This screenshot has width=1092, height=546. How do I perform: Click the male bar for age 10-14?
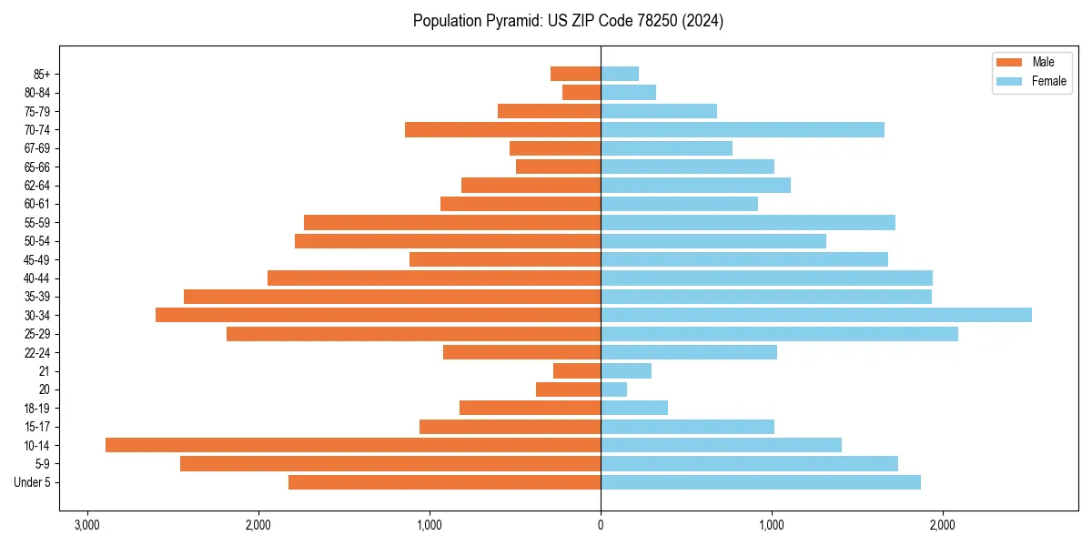[353, 445]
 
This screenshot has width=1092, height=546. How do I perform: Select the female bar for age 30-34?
[816, 315]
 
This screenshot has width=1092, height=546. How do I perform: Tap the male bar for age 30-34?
[378, 315]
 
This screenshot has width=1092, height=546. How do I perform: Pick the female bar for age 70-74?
[743, 129]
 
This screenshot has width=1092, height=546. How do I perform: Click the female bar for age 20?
[614, 389]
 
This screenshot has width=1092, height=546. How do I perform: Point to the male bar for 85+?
[575, 74]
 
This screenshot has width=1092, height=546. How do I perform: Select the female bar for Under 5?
[761, 482]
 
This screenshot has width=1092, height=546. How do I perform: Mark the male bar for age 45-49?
[505, 259]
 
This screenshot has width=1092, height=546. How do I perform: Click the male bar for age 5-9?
[390, 463]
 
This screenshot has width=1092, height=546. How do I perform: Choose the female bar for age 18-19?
[634, 408]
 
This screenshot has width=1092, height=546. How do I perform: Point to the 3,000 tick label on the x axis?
[87, 525]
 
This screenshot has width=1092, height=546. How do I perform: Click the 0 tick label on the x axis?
[601, 525]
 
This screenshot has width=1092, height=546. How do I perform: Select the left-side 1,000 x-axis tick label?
[430, 525]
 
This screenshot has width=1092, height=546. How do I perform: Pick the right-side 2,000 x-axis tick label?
[943, 525]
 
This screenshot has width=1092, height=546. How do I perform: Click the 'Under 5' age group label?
[33, 482]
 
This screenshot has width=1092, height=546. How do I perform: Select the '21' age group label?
[45, 371]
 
